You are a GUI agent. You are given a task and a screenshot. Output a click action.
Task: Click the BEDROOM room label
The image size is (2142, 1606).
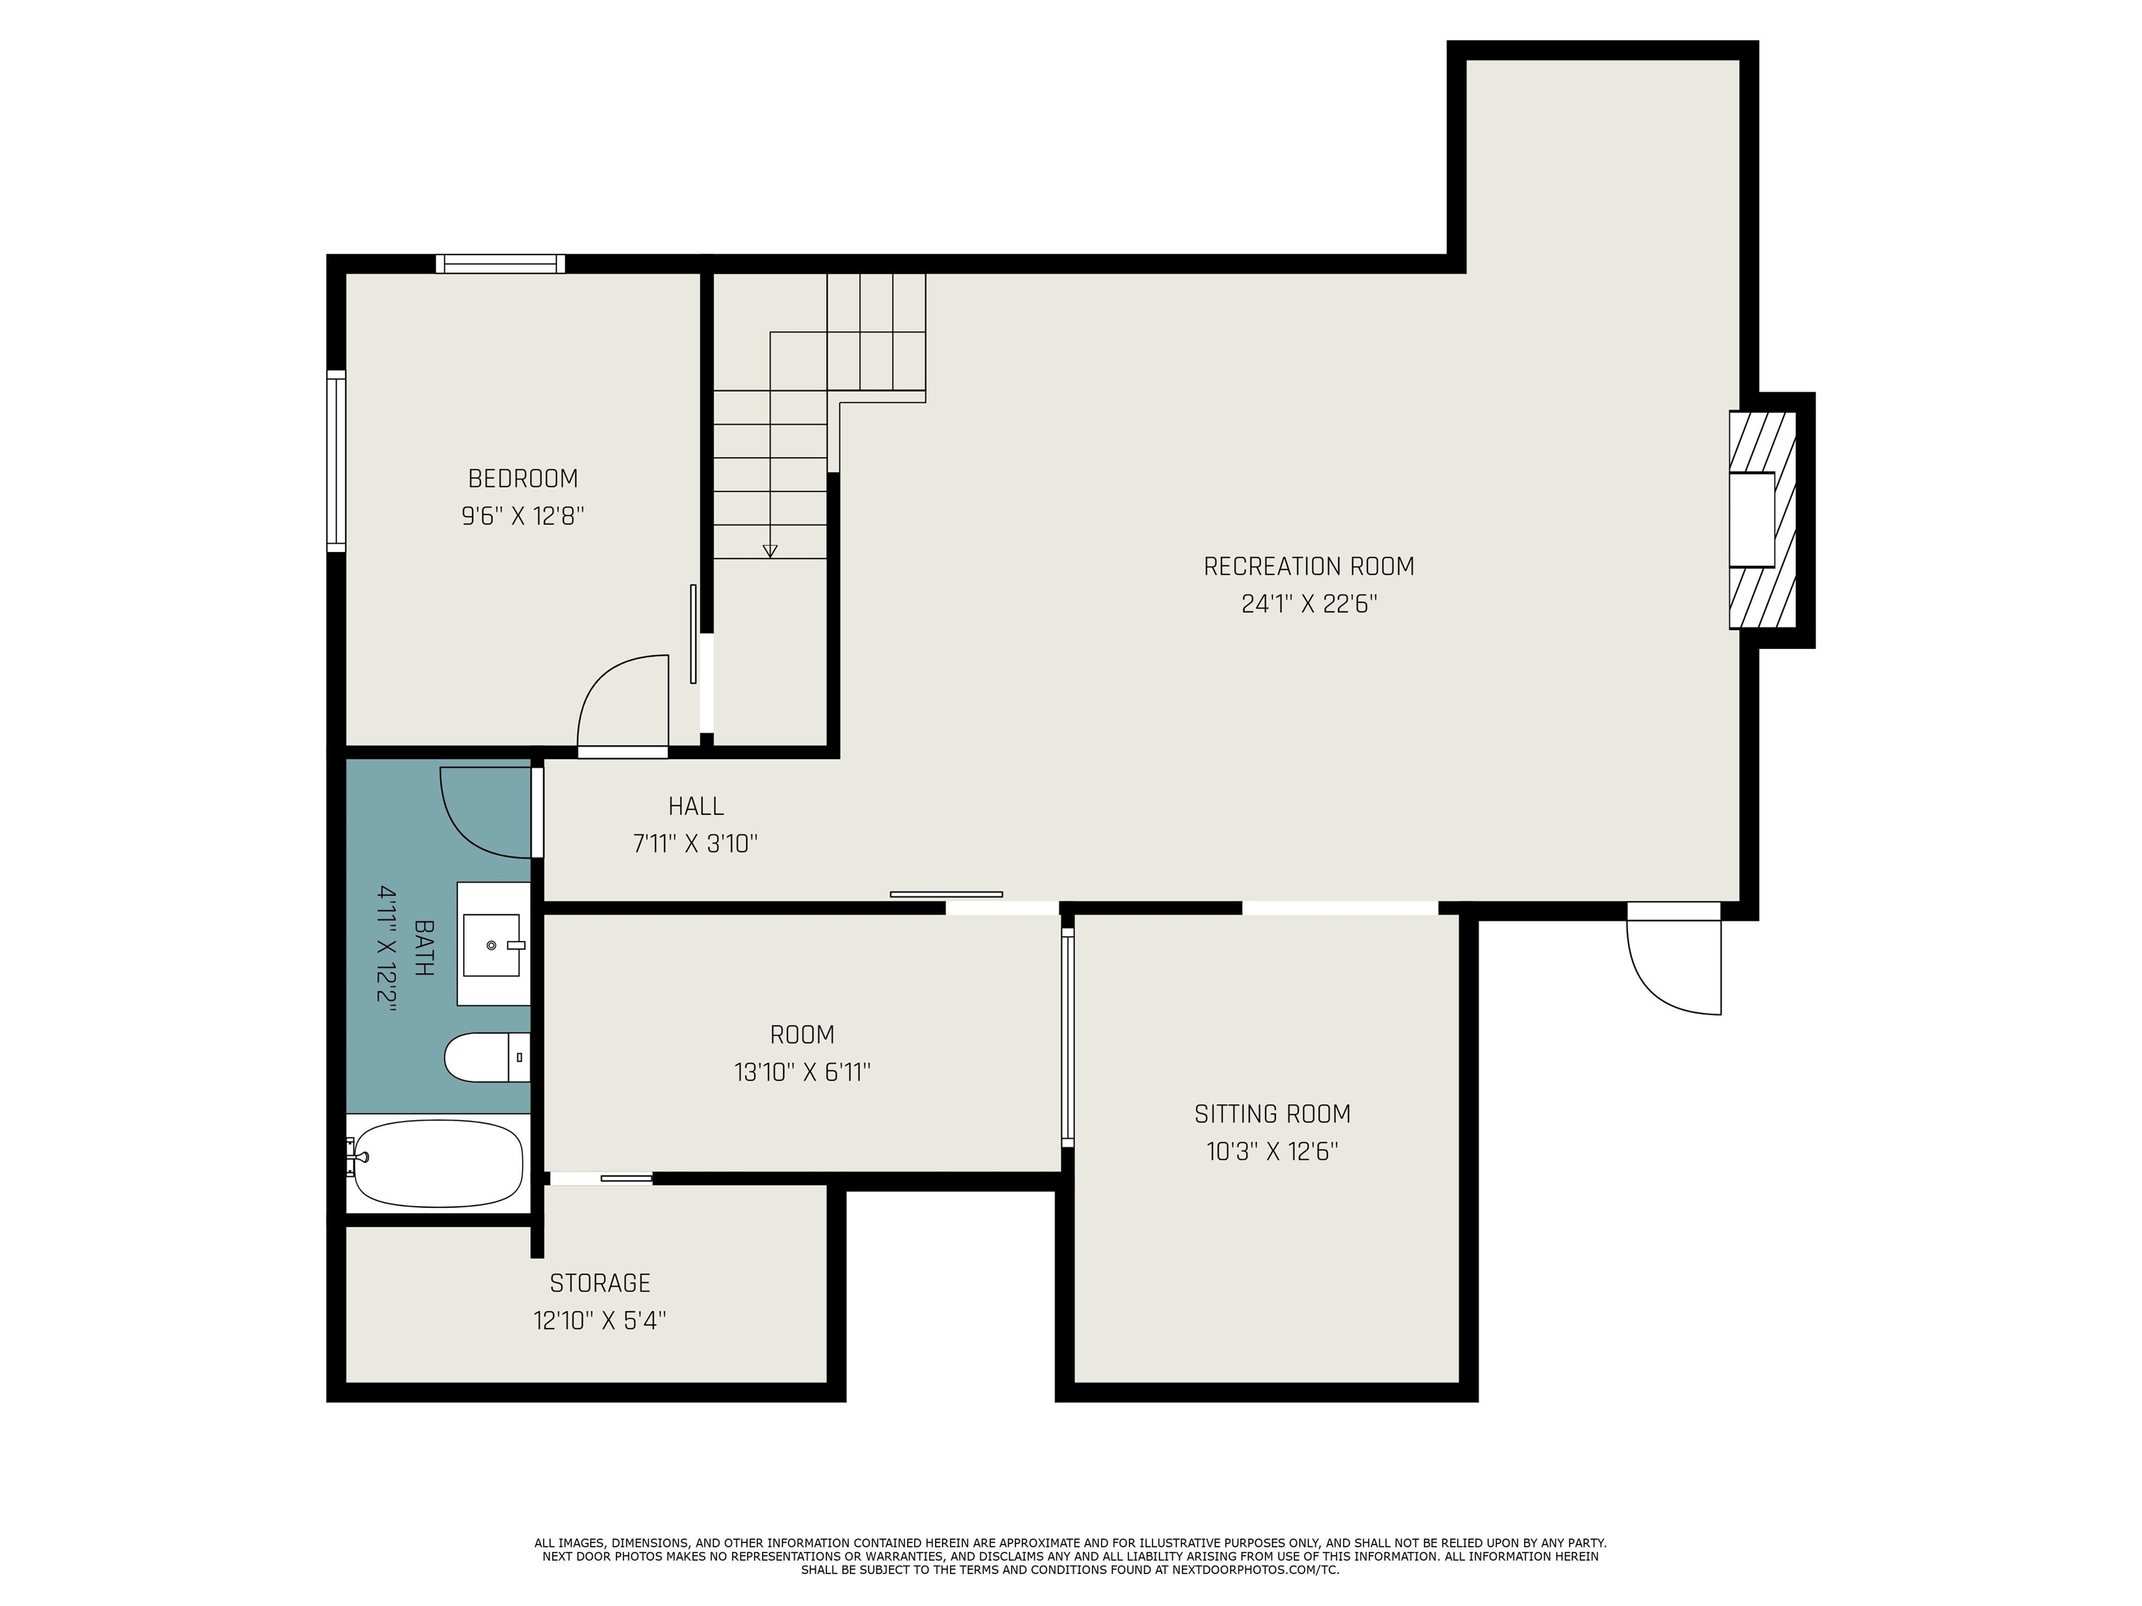(x=523, y=478)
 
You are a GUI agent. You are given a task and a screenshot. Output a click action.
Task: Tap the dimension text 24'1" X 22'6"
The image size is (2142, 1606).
(x=1309, y=604)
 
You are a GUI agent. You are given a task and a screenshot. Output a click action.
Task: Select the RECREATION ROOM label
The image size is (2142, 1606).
(x=1309, y=566)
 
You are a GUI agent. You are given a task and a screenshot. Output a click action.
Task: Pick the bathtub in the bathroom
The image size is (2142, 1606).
(x=438, y=1163)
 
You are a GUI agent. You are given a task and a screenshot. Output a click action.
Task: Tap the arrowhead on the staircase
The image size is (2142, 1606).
(x=770, y=551)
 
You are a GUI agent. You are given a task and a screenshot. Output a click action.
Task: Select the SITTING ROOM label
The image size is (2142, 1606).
(x=1273, y=1114)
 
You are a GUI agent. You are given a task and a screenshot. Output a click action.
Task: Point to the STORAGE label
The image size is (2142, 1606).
(x=600, y=1284)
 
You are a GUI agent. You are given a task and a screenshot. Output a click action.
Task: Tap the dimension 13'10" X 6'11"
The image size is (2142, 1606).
(x=803, y=1073)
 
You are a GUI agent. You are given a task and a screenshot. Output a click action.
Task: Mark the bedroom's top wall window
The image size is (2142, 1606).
(x=500, y=263)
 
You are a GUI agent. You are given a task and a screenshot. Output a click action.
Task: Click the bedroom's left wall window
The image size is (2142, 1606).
(x=336, y=461)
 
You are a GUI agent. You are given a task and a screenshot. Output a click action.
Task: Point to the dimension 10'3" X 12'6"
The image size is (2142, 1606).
(x=1273, y=1152)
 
